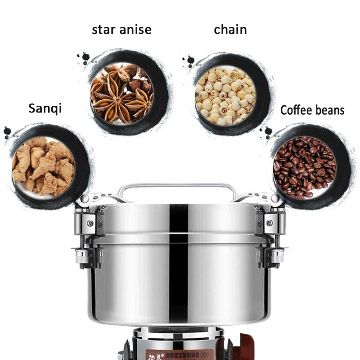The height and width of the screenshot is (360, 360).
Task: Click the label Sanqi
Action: (x=45, y=109)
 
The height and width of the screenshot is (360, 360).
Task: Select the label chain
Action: (x=230, y=30)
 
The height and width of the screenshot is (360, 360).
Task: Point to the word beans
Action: (x=330, y=110)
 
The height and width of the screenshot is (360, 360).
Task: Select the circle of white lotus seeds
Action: (x=225, y=95)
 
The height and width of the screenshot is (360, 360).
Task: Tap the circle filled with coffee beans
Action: (x=304, y=166)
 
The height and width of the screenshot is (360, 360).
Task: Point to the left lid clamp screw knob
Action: (x=82, y=256)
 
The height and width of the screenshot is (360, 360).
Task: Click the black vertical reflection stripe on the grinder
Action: (x=178, y=261)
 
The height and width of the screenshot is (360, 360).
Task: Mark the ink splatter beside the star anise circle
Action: (x=84, y=57)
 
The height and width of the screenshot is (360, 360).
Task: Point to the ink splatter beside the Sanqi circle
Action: (x=7, y=131)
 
